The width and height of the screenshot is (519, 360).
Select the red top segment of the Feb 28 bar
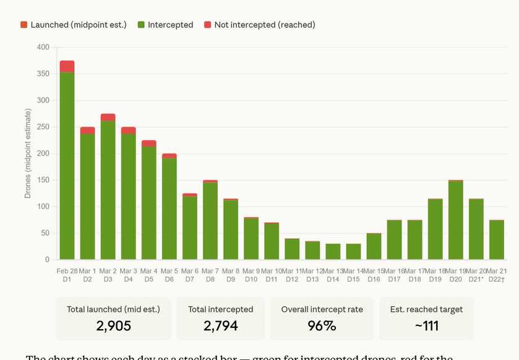coord(67,66)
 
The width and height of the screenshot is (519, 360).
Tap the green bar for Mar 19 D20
coord(456,220)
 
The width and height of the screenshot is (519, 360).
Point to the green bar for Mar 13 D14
coord(333,251)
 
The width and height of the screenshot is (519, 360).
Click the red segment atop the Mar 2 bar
coord(108,117)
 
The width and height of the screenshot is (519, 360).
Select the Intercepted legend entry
coord(165,25)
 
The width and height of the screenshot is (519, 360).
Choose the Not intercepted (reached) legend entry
coord(260,25)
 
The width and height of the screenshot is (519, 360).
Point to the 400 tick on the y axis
coord(43,47)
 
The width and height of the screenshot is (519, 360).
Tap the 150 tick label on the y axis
coord(43,180)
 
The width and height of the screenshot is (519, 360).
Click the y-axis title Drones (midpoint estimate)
coord(28,153)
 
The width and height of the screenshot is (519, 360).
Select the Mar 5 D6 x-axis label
coord(169,275)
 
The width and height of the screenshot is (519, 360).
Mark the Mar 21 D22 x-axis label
coord(496,275)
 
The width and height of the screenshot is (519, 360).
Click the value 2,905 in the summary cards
coord(114,325)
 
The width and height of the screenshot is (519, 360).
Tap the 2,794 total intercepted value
coord(220,325)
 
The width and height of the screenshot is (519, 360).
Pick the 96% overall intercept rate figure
coord(322,325)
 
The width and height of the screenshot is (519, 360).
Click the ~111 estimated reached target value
coord(426,325)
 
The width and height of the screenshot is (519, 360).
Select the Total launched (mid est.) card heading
coord(114,309)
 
